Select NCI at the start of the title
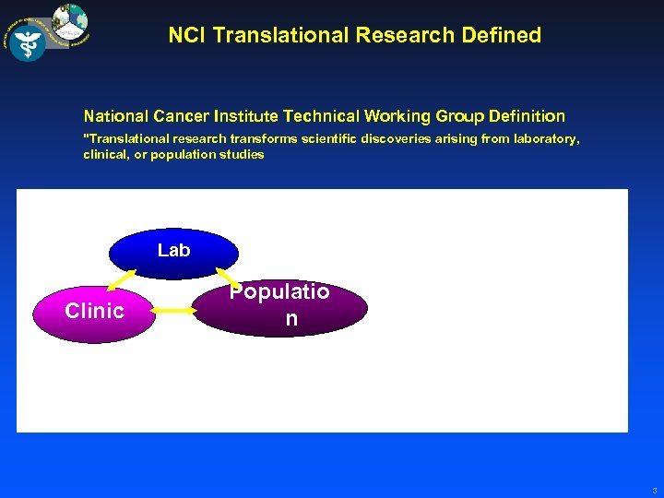pyautogui.click(x=187, y=36)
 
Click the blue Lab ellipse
pyautogui.click(x=173, y=251)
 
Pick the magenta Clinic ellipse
pyautogui.click(x=94, y=311)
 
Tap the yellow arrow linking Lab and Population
pyautogui.click(x=227, y=277)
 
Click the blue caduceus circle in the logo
pyautogui.click(x=28, y=41)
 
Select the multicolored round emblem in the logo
pyautogui.click(x=69, y=23)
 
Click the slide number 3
pyautogui.click(x=654, y=491)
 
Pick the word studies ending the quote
pyautogui.click(x=243, y=154)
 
